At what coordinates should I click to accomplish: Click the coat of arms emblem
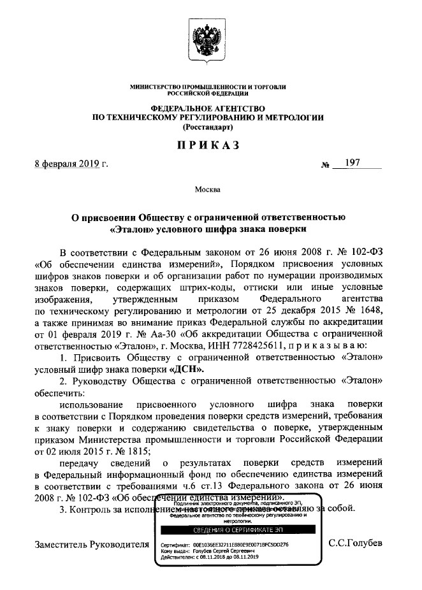click(208, 40)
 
